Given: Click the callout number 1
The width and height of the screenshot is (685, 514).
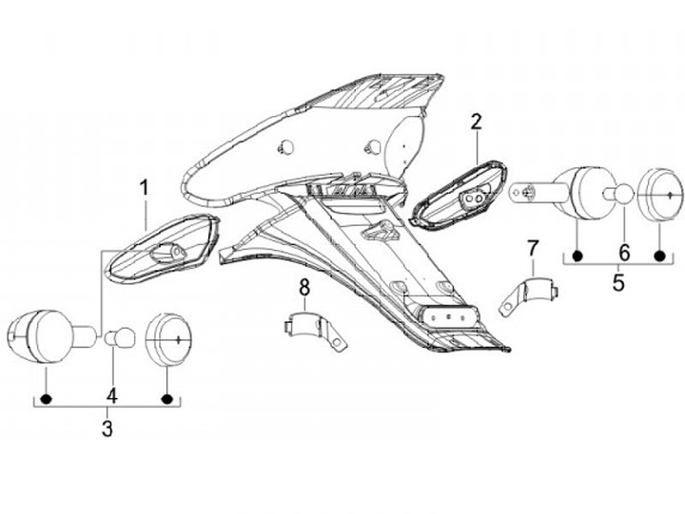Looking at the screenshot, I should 145,188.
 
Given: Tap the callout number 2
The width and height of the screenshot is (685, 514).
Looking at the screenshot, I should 476,122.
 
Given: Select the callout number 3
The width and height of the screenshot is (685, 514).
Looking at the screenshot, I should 107,428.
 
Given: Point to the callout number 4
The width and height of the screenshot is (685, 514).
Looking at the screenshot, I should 111,394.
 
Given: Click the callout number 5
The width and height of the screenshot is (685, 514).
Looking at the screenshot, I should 618,281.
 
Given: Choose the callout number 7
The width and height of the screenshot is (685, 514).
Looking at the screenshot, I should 533,249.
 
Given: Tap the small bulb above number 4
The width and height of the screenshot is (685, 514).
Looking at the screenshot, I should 119,336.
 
